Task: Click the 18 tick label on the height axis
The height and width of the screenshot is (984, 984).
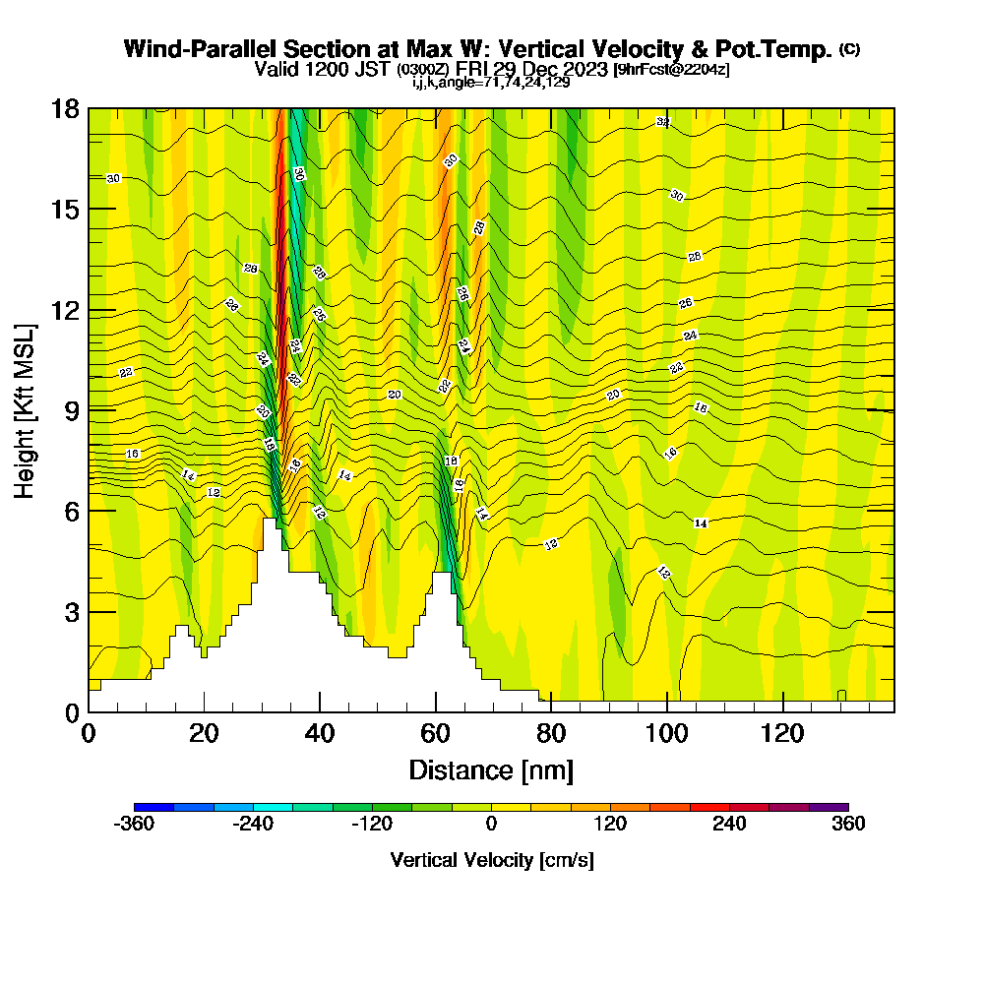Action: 65,108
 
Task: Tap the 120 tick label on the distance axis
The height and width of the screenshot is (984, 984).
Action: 782,733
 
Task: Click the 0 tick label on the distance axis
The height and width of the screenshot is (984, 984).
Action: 89,733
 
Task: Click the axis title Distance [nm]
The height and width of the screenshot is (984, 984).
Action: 491,769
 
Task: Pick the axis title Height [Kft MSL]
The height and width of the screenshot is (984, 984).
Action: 26,409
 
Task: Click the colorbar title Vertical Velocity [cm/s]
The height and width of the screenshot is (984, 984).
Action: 491,860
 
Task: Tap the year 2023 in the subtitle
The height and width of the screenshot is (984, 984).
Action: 582,70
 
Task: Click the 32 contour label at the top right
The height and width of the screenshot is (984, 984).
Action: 663,122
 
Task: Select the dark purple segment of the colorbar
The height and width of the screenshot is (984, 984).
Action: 829,806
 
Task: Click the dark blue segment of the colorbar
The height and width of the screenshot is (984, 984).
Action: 154,806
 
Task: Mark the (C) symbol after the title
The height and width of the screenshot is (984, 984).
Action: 849,49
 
